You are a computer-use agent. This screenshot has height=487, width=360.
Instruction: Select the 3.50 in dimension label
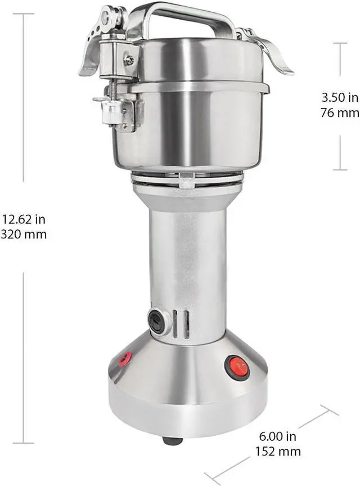point(339,97)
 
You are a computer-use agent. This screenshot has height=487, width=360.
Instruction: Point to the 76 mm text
point(339,112)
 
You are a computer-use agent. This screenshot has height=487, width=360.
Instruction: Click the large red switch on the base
point(236,367)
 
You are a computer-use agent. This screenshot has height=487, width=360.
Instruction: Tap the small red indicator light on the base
point(125,358)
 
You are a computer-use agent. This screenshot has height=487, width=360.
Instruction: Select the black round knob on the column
point(157,321)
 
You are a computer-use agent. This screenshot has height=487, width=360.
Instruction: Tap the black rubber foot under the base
point(172,440)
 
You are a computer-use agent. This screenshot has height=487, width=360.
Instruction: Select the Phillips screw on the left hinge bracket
point(130,59)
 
